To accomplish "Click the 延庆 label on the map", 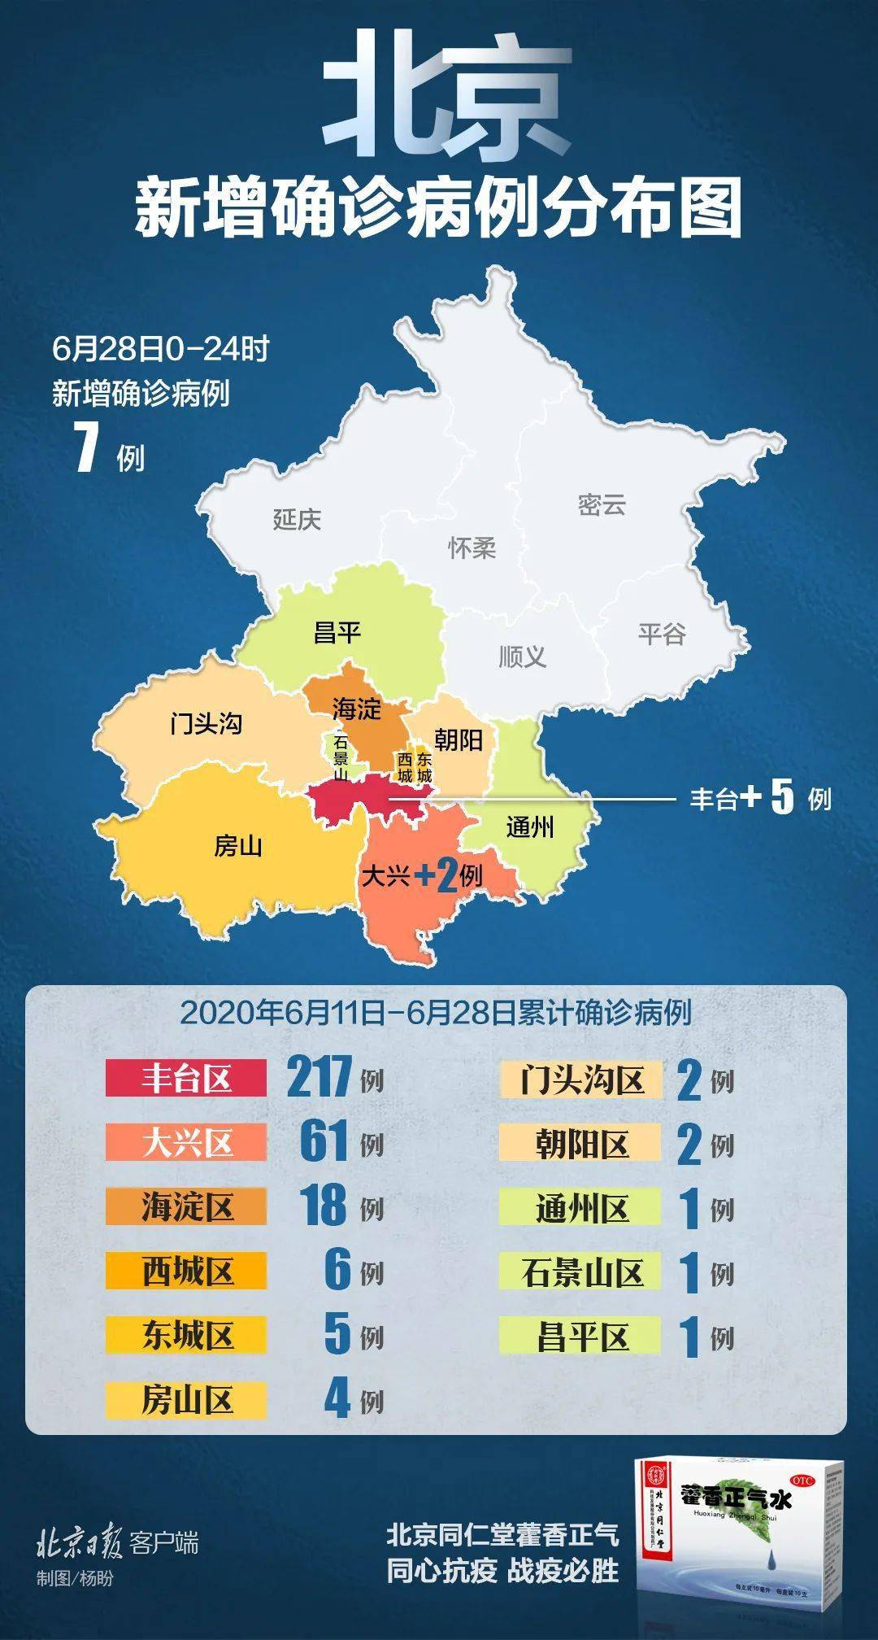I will click(297, 519).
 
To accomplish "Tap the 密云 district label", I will click(602, 504).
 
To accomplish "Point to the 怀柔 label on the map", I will click(472, 547).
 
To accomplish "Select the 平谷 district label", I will click(662, 634).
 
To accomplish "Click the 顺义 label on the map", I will click(522, 656).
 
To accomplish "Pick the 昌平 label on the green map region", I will click(337, 632).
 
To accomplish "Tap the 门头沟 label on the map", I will click(206, 722).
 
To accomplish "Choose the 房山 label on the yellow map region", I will click(238, 846).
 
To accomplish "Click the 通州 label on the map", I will click(530, 827).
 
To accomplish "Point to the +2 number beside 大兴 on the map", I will click(437, 876).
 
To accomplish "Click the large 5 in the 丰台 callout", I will click(781, 797).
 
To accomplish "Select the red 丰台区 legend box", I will click(186, 1079).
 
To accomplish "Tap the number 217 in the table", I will click(319, 1077).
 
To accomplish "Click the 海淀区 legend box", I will click(186, 1206).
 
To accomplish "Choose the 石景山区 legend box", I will click(581, 1272).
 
